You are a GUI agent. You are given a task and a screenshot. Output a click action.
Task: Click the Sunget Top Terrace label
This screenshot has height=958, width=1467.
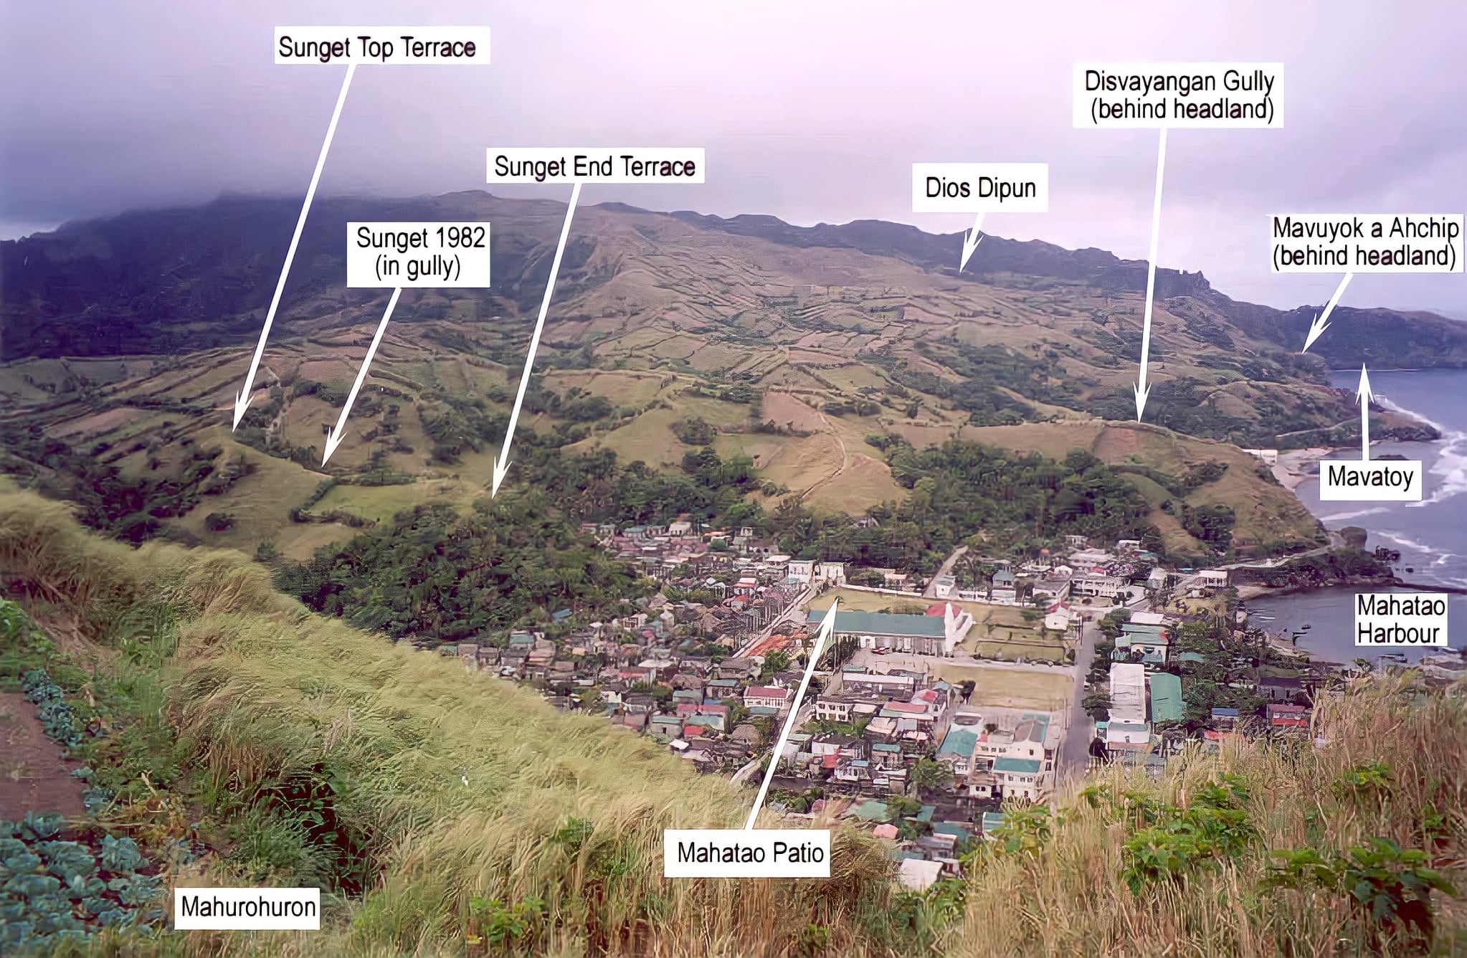[x=377, y=47]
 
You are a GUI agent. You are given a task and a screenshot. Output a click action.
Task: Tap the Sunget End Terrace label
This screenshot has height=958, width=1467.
[x=594, y=166]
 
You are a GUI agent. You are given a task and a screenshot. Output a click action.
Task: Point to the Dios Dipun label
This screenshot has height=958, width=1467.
[x=980, y=188]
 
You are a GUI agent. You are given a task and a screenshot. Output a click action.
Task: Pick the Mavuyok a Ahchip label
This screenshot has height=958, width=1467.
[x=1365, y=242]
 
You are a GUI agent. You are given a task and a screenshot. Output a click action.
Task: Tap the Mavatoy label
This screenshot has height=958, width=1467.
[x=1370, y=477]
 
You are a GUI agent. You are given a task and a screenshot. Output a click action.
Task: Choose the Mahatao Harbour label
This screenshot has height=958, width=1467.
[x=1400, y=620]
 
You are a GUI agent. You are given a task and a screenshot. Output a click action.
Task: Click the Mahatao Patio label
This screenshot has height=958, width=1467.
[x=749, y=853]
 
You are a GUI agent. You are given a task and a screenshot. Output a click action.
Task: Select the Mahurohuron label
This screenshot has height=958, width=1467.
[x=248, y=906]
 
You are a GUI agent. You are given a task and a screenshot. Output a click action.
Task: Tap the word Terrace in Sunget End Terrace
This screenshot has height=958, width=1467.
[x=657, y=166]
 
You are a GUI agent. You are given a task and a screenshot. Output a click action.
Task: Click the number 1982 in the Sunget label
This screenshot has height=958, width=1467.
[x=456, y=237]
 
